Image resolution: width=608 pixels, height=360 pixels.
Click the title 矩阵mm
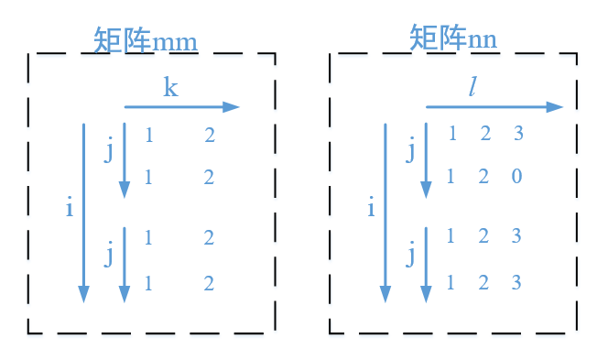coord(146,40)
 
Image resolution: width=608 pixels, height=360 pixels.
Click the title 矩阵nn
coord(453,38)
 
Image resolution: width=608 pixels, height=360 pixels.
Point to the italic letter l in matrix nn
coord(473,87)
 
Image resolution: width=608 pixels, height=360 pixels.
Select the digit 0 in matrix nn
coord(516,176)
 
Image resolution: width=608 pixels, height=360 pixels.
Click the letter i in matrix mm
coord(69,208)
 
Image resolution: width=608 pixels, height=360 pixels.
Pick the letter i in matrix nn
coord(371,208)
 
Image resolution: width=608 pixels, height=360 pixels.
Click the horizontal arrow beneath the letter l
coord(494,107)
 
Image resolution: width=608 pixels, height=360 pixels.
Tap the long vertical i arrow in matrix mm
coord(84,211)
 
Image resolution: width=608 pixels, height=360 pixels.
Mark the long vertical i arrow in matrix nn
coord(385,211)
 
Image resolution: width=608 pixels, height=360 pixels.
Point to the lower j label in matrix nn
coord(411,251)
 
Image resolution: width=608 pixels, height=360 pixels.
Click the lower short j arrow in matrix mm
coord(125,266)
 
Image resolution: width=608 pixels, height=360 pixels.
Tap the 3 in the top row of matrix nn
coord(518,134)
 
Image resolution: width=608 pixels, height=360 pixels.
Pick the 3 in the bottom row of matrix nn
coord(516,282)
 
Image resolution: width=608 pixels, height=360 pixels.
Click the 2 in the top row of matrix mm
coord(210,136)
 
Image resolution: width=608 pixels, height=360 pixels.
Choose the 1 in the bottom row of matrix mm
coord(148,283)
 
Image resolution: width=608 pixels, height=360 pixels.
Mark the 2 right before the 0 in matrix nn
coord(484,176)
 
